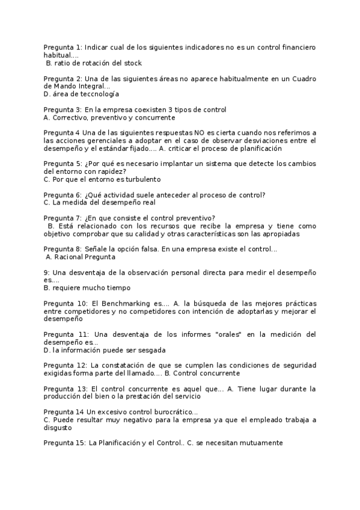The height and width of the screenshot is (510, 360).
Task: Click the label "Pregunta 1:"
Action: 63,47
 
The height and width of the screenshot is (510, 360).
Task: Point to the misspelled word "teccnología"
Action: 99,94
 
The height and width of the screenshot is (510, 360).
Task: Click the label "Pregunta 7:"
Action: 63,218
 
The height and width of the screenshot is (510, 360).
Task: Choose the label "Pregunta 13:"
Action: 65,389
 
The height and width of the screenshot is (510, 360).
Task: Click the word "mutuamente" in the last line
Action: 260,443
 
